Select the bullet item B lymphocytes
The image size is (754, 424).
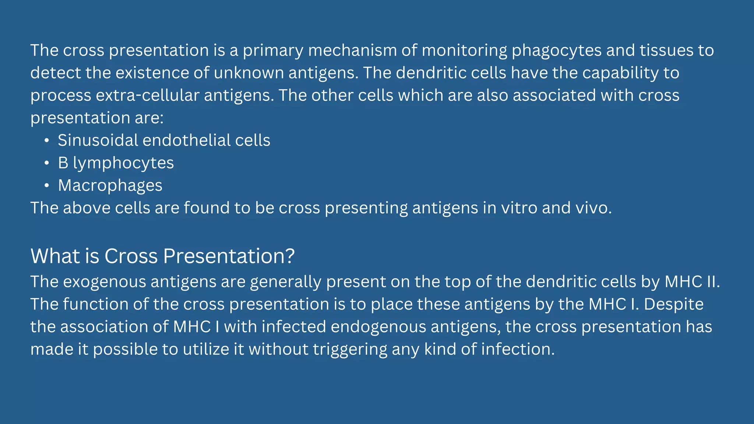pos(116,163)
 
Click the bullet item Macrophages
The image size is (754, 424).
pos(110,185)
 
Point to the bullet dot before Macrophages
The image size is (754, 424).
pos(46,186)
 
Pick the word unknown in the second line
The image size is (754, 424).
pos(249,73)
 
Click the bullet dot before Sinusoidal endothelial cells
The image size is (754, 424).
pos(46,141)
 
